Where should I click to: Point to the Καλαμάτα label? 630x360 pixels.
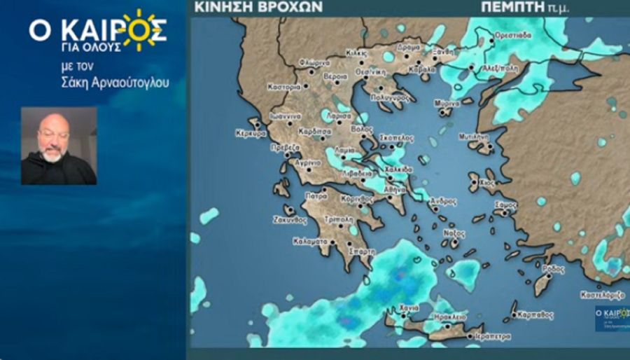click(x=309, y=242)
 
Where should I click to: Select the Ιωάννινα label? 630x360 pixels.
click(x=286, y=116)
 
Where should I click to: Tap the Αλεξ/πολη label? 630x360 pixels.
click(x=502, y=68)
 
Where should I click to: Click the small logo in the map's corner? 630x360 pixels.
click(x=611, y=317)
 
